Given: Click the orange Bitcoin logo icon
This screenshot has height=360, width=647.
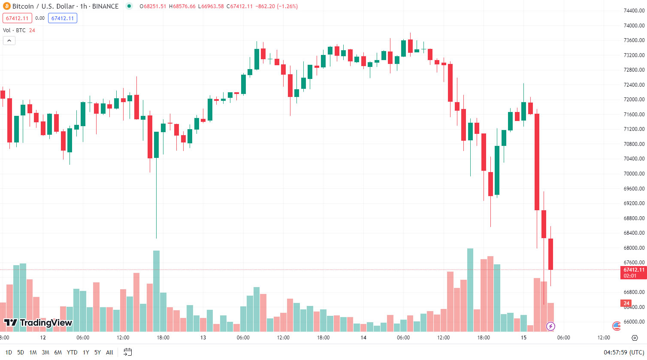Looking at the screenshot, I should coord(6,6).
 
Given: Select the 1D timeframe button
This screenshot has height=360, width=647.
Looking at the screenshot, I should coord(9,352).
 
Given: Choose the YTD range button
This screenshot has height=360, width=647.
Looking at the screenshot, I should coord(72,352).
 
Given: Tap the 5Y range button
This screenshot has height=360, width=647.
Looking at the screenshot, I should coord(97,352).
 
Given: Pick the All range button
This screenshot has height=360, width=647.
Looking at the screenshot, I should coord(109,352).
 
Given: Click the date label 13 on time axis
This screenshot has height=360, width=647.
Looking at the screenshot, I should coord(203,338).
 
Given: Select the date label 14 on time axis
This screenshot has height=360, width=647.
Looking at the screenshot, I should coord(363,338).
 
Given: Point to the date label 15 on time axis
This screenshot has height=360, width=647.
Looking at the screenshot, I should coord(523,338).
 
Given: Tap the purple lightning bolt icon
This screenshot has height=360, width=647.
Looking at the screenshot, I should coord(550,327).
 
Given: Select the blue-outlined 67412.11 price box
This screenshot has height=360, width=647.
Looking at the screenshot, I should coord(63,18).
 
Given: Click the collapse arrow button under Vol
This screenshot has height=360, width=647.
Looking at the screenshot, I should coord(9,41).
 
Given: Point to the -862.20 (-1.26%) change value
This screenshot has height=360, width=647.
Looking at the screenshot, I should coord(277,6).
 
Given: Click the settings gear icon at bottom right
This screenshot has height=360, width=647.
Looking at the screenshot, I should coord(635,338).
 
